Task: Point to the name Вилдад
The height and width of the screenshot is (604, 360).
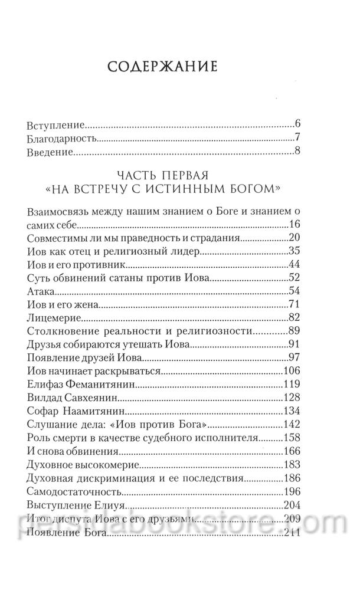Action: [x=47, y=398]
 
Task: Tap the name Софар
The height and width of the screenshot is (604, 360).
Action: [x=44, y=411]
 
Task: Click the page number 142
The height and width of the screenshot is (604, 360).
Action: [x=292, y=424]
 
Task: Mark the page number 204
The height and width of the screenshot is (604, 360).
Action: [x=292, y=504]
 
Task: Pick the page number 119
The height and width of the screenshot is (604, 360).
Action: [x=292, y=385]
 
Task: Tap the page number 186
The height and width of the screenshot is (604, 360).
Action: [x=292, y=478]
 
